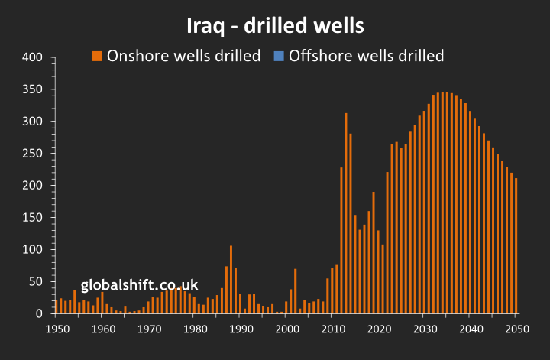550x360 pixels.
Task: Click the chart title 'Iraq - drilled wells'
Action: coord(275,25)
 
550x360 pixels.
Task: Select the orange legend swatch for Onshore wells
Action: coord(97,56)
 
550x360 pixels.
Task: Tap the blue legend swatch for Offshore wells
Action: coord(279,56)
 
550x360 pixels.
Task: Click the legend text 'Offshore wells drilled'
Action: coord(366,56)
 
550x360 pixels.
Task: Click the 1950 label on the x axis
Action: coord(57,329)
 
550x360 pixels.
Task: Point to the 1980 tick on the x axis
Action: coord(195,329)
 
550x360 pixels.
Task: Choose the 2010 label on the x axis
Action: coord(332,329)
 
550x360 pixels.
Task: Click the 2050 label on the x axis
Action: coord(516,329)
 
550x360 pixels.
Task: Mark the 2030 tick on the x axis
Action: coord(424,329)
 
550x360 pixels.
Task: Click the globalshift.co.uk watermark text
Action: coord(140,285)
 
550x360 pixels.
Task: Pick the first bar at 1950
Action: coord(57,307)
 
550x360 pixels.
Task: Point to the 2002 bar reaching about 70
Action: coord(296,291)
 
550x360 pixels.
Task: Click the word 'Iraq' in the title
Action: coord(206,25)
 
